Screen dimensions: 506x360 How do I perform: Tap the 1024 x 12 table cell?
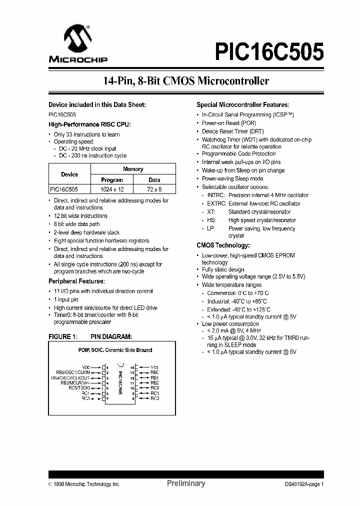coord(112,189)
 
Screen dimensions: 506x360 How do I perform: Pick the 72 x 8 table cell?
coord(154,189)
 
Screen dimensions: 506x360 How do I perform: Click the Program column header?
coord(112,179)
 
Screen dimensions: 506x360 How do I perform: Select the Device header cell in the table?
coord(69,174)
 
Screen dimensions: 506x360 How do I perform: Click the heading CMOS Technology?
coord(223,245)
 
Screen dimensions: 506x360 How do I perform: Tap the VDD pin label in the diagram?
coord(86,366)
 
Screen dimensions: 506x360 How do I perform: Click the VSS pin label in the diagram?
coord(154,366)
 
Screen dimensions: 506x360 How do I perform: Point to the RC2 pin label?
coord(154,398)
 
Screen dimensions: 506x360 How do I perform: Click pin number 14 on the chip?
coord(132,366)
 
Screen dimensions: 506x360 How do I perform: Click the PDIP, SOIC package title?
coord(115,350)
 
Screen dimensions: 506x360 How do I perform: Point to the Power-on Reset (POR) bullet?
coord(228,122)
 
